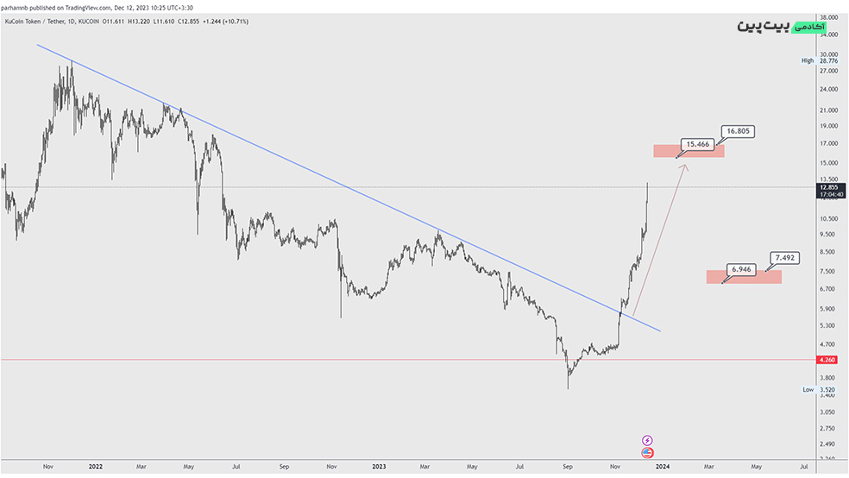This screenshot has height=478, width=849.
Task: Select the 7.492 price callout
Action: point(785,257)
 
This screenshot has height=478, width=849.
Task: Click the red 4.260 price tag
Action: point(828,360)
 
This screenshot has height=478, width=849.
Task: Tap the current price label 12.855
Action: point(828,187)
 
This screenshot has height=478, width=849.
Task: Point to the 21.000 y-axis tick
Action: point(828,110)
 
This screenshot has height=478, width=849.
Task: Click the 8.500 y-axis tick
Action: point(828,252)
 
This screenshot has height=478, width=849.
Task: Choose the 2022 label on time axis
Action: point(95,467)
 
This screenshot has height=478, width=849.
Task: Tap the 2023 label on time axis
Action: point(378,467)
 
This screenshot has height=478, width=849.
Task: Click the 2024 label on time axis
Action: point(662,467)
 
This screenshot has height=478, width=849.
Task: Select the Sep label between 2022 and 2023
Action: point(284,467)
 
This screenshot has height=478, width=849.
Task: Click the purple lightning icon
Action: point(647,441)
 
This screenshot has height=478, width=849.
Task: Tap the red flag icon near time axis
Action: point(647,452)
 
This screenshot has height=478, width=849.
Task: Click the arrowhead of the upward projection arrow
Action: point(685,166)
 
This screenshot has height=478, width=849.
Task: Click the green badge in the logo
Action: point(808,28)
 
